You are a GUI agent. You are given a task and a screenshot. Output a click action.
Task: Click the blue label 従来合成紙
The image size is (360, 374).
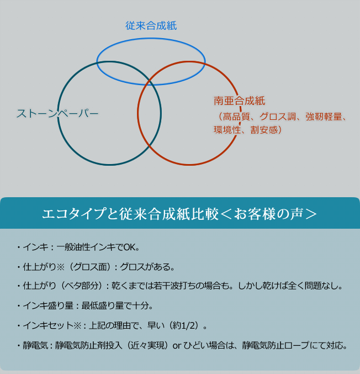pyautogui.click(x=151, y=26)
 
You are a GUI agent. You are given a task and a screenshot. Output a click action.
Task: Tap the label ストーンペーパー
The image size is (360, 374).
pyautogui.click(x=57, y=113)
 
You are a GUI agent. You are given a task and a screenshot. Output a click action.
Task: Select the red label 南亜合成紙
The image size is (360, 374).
pyautogui.click(x=240, y=101)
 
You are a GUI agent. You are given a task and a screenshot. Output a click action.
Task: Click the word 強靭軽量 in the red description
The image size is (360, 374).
pyautogui.click(x=324, y=117)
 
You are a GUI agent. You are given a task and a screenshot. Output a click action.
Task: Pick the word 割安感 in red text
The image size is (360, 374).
pyautogui.click(x=264, y=130)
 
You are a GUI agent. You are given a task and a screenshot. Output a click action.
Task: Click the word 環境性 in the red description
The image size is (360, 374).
pyautogui.click(x=227, y=130)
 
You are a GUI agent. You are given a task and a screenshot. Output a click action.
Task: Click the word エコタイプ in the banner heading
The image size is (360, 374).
pyautogui.click(x=74, y=213)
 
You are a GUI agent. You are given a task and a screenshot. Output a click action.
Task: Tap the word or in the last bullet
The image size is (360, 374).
pyautogui.click(x=177, y=346)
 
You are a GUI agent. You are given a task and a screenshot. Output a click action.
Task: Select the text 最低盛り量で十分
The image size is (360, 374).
pyautogui.click(x=115, y=306)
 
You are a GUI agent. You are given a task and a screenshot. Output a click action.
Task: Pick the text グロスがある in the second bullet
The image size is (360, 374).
pyautogui.click(x=145, y=267)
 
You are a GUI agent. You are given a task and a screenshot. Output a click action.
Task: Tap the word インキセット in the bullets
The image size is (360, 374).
pyautogui.click(x=48, y=325)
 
